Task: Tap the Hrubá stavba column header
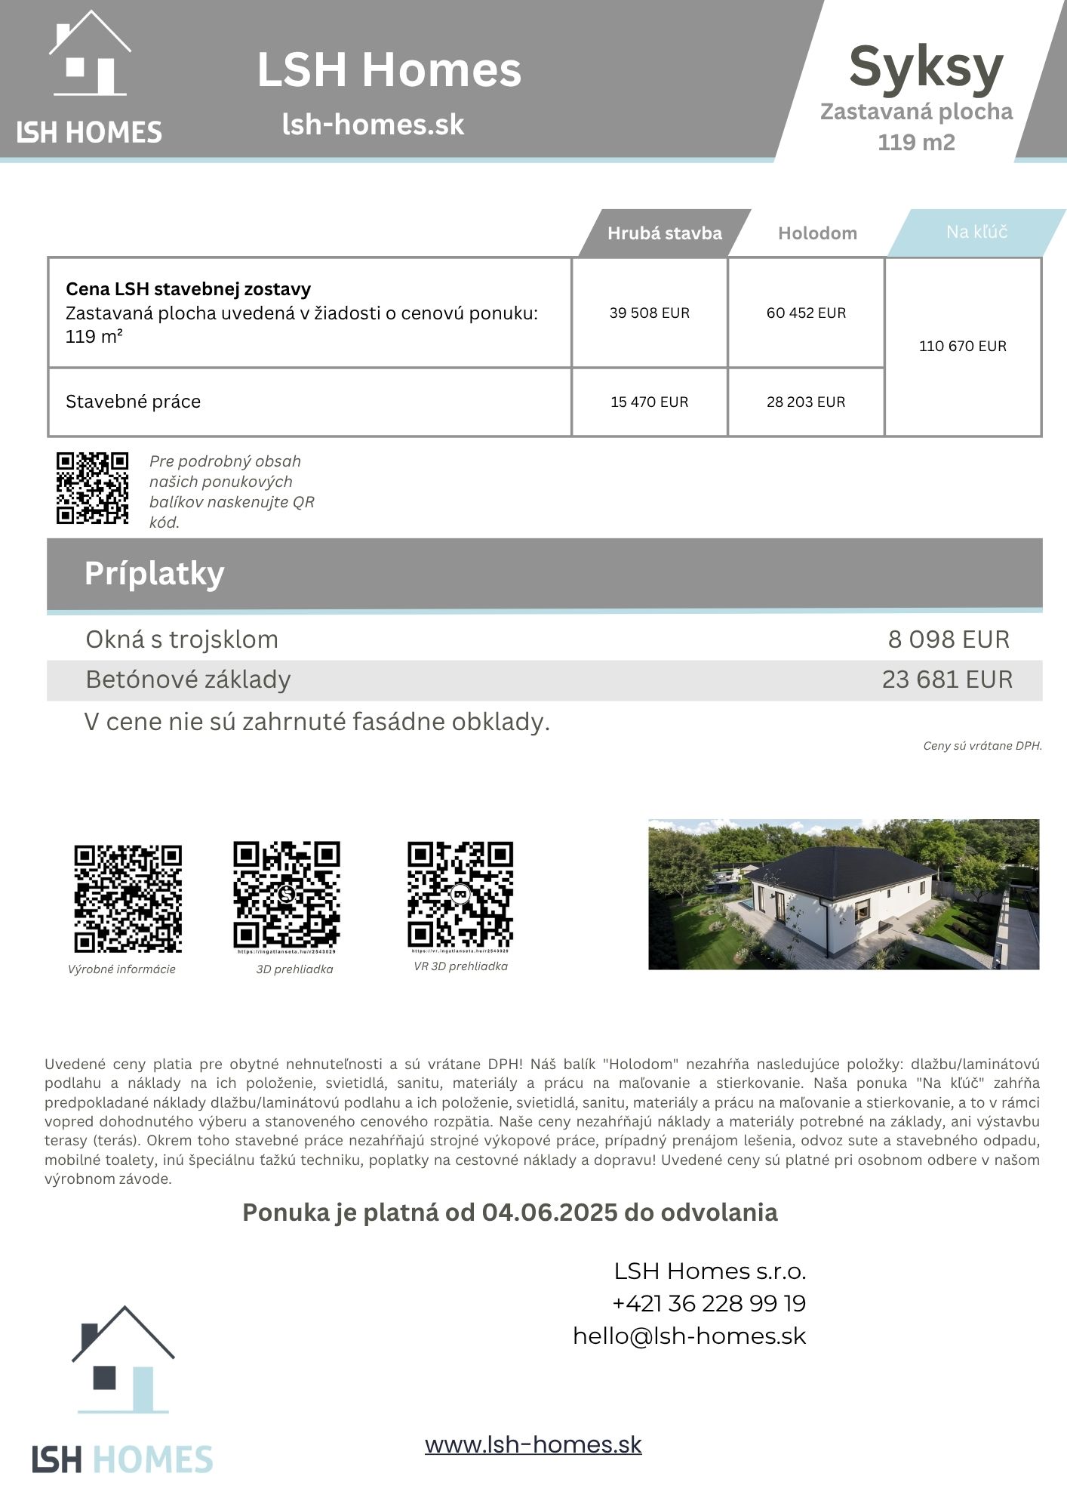pos(664,233)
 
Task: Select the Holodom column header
pos(817,233)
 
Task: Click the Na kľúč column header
pos(976,232)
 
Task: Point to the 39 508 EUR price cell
pos(649,313)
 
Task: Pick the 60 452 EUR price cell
pos(806,313)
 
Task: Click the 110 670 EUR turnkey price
pos(962,346)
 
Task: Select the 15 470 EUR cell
pos(649,402)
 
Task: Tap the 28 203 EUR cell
pos(806,402)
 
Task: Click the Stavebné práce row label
pos(133,402)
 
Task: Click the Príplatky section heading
pos(154,574)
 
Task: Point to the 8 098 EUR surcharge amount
pos(948,639)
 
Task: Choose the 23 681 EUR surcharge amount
pos(947,679)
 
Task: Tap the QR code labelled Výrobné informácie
pos(128,898)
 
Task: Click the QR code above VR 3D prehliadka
pos(460,895)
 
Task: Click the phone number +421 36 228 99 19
pos(709,1303)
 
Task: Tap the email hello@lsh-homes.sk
pos(689,1336)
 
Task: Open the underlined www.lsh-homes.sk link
pos(533,1444)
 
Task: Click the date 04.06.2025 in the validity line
pos(549,1213)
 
